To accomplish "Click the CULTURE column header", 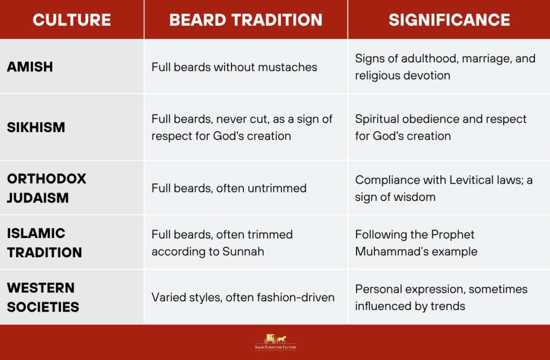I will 71,20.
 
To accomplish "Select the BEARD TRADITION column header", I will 245,20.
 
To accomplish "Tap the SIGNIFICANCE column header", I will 449,20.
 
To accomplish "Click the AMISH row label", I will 30,67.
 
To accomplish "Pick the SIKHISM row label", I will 36,127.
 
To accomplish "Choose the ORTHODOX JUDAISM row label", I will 46,188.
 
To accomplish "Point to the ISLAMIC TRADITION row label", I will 44,242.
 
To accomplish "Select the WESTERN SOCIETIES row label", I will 43,297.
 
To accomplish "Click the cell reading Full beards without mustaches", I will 234,67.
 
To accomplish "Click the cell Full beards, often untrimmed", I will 229,188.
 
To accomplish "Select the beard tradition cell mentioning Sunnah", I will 222,243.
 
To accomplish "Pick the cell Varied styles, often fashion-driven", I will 243,297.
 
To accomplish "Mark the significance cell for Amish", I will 445,67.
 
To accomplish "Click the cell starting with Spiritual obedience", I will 440,127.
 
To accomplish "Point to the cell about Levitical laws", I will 444,188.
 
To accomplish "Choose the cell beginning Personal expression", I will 441,297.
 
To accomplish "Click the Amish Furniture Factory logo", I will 275,342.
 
